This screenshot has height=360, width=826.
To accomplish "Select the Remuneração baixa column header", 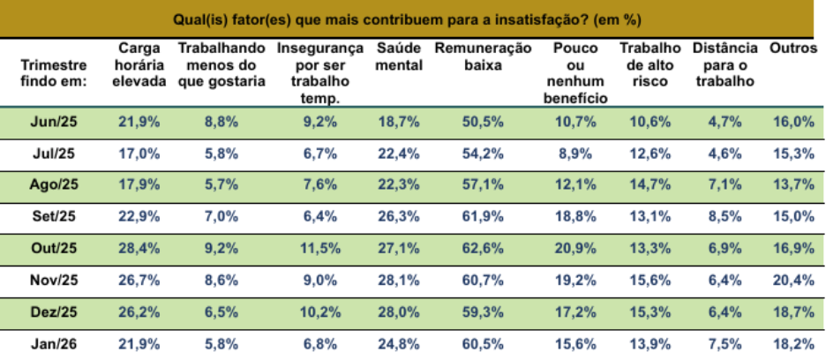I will tap(483, 56).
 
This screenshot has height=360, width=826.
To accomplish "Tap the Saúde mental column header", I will tap(399, 56).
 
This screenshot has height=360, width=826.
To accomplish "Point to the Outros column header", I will tap(792, 49).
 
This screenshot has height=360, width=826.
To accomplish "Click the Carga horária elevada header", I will tap(139, 64).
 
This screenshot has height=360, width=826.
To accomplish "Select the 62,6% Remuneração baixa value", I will tap(484, 248).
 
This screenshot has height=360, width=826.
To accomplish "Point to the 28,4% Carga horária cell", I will tap(139, 248).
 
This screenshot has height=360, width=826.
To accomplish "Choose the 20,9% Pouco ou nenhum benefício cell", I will tap(576, 248).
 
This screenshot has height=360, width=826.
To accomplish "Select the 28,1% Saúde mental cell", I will tap(399, 279).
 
